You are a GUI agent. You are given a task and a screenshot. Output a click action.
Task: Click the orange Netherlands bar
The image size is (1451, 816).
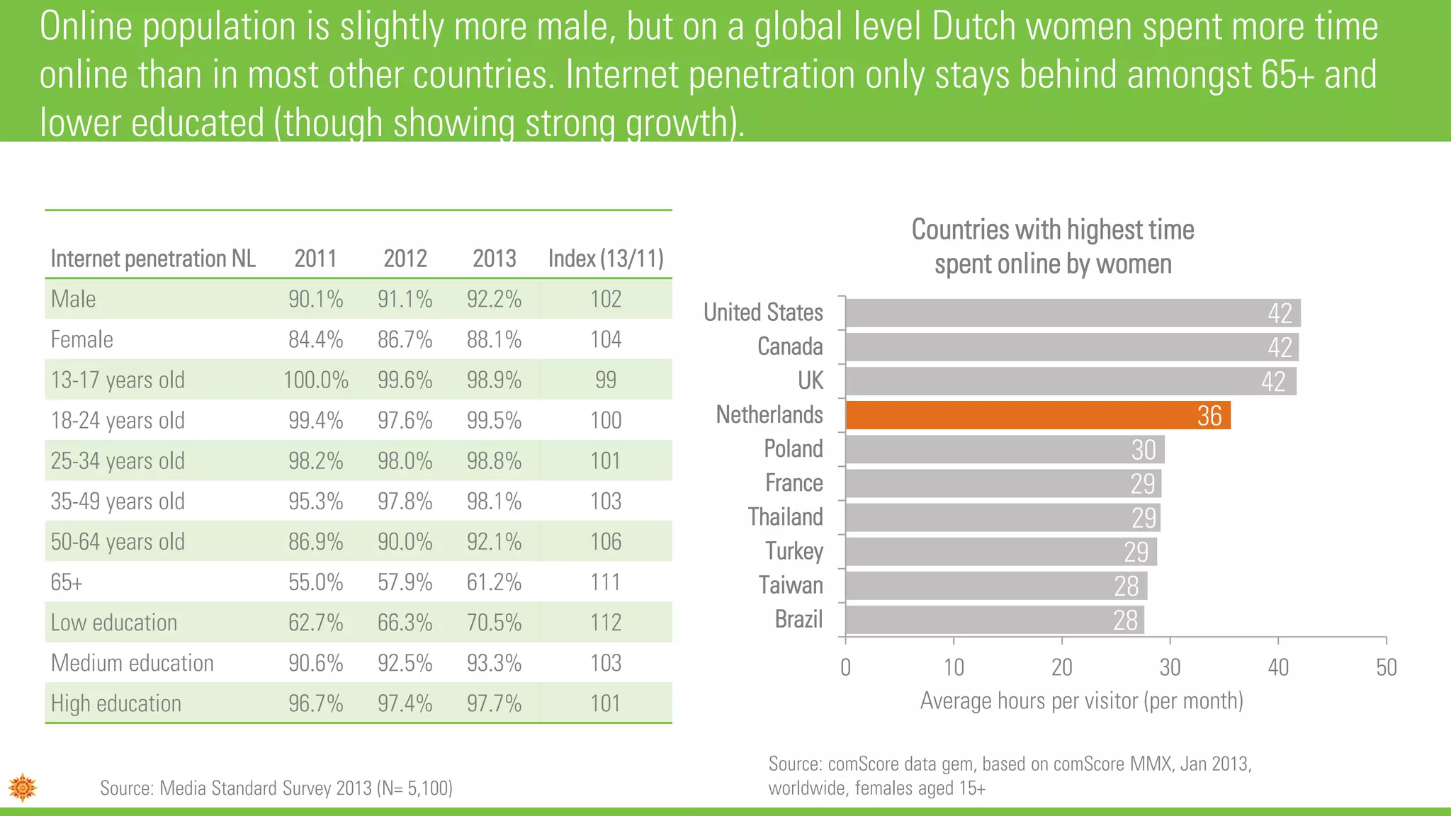[x=1037, y=415]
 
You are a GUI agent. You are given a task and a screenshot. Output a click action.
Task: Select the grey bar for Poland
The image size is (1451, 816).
[x=1005, y=450]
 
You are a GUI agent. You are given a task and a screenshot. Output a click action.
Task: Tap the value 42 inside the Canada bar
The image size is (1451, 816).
[x=1280, y=348]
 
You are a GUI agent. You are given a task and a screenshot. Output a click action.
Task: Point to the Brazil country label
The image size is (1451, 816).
[x=798, y=620]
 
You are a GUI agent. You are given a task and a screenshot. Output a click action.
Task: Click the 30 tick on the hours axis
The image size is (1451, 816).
[x=1170, y=667]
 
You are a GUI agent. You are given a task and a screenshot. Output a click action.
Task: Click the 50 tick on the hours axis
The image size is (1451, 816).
[x=1386, y=667]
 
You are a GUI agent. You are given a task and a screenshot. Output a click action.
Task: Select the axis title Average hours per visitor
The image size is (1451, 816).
[x=1081, y=701]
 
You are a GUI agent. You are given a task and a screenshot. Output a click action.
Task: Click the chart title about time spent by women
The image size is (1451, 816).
[x=1053, y=246]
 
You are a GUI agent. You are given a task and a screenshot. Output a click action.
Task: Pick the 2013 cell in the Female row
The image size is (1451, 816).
[x=494, y=340]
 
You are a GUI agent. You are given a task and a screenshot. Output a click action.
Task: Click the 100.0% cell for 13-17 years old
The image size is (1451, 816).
[x=316, y=380]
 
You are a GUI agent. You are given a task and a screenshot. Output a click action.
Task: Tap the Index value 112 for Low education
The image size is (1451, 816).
[x=606, y=623]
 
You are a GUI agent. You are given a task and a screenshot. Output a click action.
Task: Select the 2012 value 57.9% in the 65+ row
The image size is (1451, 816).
[x=405, y=582]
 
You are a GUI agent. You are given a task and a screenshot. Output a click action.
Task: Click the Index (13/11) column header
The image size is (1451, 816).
[x=606, y=259]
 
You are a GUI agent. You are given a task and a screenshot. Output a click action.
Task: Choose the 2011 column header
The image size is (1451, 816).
[x=315, y=259]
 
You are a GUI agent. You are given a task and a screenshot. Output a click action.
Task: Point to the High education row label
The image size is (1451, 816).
[x=116, y=703]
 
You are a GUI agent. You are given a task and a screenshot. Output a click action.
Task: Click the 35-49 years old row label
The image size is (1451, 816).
[x=118, y=501]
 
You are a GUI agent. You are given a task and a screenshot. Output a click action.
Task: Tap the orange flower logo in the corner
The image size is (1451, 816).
[x=23, y=787]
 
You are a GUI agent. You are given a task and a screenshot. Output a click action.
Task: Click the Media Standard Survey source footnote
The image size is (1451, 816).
[x=276, y=788]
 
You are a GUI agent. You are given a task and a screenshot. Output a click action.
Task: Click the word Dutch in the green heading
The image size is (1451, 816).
[x=974, y=27]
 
